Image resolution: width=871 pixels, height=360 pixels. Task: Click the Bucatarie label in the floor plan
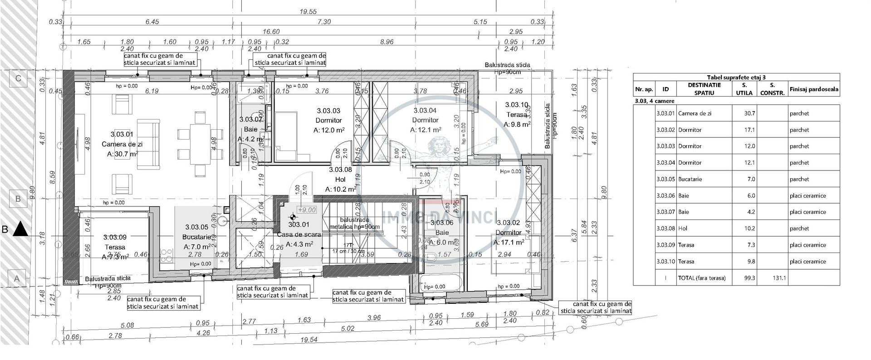pyautogui.click(x=196, y=237)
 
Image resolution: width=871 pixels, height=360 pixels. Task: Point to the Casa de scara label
pyautogui.click(x=299, y=234)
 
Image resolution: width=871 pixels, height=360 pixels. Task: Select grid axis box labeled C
pyautogui.click(x=18, y=78)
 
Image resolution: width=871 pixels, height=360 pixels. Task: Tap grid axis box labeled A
pyautogui.click(x=17, y=279)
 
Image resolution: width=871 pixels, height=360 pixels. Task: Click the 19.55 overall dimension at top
pyautogui.click(x=308, y=12)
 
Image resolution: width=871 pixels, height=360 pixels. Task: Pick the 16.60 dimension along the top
pyautogui.click(x=271, y=32)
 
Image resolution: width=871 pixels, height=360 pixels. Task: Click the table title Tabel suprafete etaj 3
pyautogui.click(x=736, y=77)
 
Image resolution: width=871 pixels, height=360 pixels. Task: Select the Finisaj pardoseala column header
pyautogui.click(x=814, y=89)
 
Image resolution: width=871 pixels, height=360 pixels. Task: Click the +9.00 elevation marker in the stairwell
pyautogui.click(x=307, y=210)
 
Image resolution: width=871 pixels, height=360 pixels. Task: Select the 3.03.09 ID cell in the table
pyautogui.click(x=665, y=245)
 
